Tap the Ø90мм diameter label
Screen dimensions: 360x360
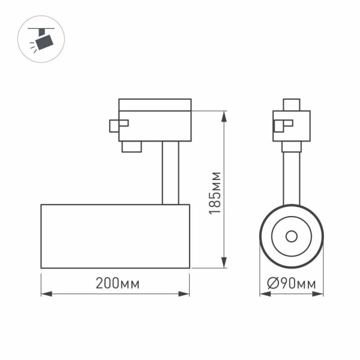tap(292, 284)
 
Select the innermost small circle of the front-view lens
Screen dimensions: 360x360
tap(291, 236)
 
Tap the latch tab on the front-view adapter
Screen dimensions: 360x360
tap(282, 125)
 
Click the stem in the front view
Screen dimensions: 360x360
tap(291, 174)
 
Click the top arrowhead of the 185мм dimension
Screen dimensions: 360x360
tap(224, 115)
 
